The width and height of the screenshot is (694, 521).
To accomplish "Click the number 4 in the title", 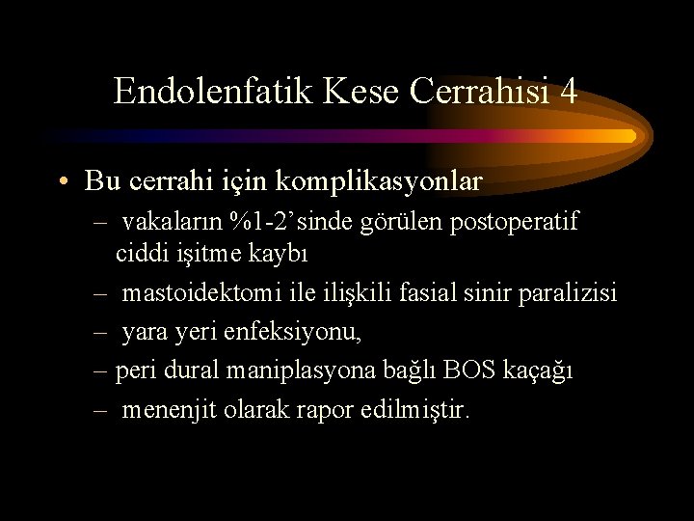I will (x=569, y=91).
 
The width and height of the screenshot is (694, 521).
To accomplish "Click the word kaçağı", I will (x=538, y=371).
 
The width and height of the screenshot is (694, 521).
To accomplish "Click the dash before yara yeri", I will (x=100, y=332).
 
